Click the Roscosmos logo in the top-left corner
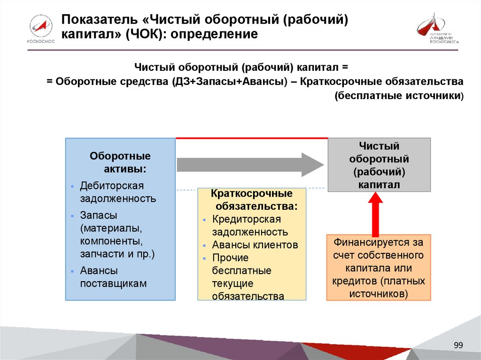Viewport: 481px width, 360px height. pyautogui.click(x=41, y=29)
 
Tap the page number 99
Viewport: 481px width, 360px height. pyautogui.click(x=458, y=345)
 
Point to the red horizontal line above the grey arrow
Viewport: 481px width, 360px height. pyautogui.click(x=252, y=138)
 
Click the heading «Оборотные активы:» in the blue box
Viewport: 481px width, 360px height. pyautogui.click(x=120, y=162)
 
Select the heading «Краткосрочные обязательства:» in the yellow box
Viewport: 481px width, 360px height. pyautogui.click(x=252, y=199)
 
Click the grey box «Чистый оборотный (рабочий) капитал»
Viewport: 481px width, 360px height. pyautogui.click(x=379, y=165)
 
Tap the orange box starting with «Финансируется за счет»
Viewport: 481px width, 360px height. pyautogui.click(x=379, y=268)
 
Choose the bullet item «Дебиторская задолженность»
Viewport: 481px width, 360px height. pyautogui.click(x=118, y=191)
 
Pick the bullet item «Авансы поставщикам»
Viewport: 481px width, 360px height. pyautogui.click(x=113, y=277)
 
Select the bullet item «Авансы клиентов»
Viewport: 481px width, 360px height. pyautogui.click(x=255, y=245)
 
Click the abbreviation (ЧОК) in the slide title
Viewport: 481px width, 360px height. pyautogui.click(x=145, y=35)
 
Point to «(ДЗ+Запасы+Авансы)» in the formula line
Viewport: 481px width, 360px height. pyautogui.click(x=230, y=81)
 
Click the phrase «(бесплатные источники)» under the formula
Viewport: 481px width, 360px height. pyautogui.click(x=399, y=96)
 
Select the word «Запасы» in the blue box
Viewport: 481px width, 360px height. pyautogui.click(x=99, y=215)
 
